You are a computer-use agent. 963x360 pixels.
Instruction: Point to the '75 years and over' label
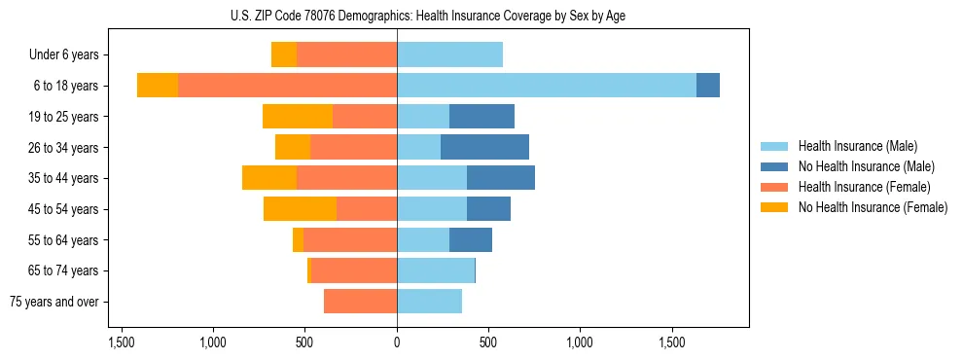coord(53,302)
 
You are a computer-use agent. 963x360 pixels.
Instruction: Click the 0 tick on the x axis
coord(397,342)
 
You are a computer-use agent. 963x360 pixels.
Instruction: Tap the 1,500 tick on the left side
coord(122,342)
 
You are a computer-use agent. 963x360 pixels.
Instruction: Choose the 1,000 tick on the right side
coord(580,342)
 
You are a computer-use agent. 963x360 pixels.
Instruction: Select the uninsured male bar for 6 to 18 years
coord(708,86)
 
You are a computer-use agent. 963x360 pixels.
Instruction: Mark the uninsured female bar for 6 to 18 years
coord(158,86)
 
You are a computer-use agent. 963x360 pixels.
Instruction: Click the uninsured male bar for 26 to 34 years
coord(484,147)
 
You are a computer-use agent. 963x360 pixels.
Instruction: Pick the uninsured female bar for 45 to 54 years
coord(300,208)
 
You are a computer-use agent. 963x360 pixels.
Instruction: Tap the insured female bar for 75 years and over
coord(360,302)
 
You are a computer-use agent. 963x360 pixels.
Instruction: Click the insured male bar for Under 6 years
coord(449,55)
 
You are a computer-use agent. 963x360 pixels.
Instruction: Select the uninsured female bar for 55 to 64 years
coord(298,239)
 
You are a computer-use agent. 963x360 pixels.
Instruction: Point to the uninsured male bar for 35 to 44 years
coord(501,178)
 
